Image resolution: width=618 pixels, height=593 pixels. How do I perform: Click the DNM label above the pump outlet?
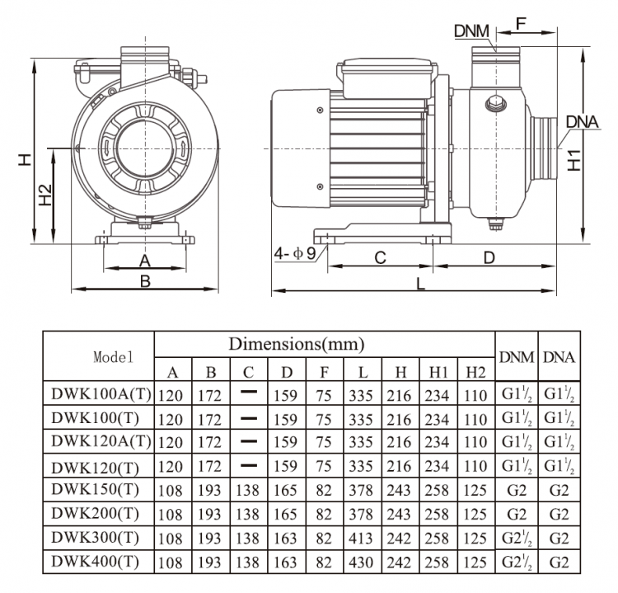(x=471, y=31)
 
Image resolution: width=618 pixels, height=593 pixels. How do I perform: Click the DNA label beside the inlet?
(x=582, y=123)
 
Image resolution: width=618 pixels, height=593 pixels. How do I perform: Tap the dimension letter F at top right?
(x=522, y=22)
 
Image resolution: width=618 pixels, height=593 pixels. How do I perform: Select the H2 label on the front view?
(x=46, y=195)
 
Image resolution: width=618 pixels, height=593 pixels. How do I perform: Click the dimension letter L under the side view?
(x=420, y=284)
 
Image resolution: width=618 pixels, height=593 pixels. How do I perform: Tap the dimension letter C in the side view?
(x=380, y=257)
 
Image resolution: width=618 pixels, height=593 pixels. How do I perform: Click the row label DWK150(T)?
(x=96, y=489)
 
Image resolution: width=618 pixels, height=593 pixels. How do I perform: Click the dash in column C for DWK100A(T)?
(x=249, y=394)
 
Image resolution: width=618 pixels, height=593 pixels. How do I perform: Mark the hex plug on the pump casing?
(x=494, y=103)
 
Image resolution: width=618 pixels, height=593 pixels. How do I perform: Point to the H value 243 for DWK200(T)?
(x=399, y=515)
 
